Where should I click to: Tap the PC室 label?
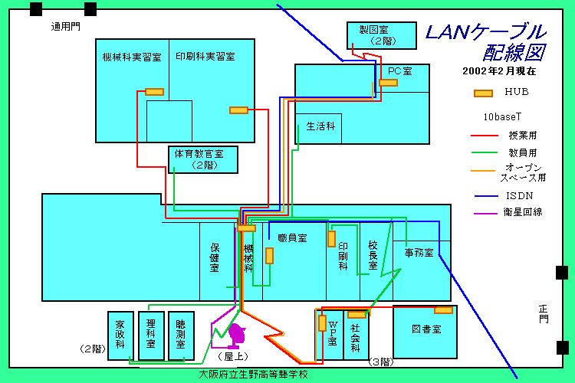coord(399,70)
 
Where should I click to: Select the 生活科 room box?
coord(318,126)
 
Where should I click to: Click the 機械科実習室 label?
coord(132,57)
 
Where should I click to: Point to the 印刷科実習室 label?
coord(205,57)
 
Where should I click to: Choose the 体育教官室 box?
coord(203,159)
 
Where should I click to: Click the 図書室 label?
coord(426,329)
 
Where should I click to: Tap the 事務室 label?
coord(419,252)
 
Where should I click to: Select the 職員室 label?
coord(292,238)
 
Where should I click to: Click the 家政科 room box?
coord(120,335)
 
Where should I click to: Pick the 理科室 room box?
coord(150,335)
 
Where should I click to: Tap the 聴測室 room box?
coord(181,335)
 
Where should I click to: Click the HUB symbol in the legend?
coord(483,93)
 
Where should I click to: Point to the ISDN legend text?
coord(520,195)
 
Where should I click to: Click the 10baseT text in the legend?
coord(502,118)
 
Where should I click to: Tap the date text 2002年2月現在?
coord(498,71)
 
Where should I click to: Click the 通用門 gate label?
coord(65,27)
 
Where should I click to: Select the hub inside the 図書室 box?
coord(443,310)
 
